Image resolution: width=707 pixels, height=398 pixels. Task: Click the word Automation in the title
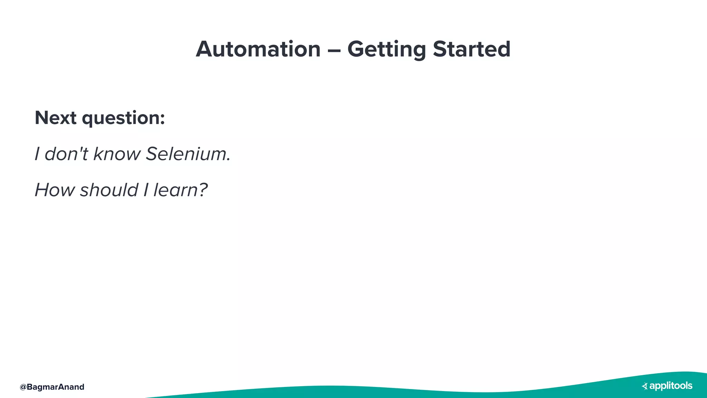pos(258,49)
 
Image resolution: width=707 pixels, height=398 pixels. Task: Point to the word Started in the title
pos(471,49)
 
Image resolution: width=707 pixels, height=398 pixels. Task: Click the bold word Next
pos(55,118)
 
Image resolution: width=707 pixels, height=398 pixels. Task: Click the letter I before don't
pos(37,154)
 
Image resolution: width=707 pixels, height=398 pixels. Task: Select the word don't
pos(66,154)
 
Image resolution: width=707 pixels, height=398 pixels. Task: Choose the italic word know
pos(117,154)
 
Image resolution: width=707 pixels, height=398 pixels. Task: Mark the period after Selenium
pos(229,160)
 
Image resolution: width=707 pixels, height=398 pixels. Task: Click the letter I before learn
pos(146,190)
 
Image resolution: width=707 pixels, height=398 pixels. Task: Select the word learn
pos(175,190)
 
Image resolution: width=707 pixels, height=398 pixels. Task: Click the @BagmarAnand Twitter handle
pos(52,387)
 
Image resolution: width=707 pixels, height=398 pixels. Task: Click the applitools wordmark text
pos(671,386)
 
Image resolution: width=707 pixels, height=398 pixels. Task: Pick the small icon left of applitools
pos(645,386)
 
